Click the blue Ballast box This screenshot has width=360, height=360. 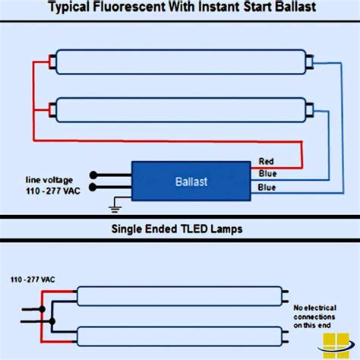191,182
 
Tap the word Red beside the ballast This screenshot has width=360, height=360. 267,162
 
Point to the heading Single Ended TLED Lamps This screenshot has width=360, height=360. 179,228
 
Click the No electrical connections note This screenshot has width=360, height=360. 312,316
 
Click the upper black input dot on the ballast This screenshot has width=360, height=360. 93,174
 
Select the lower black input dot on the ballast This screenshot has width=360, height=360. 93,187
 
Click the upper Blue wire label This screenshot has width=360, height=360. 267,174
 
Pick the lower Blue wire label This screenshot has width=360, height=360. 267,187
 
